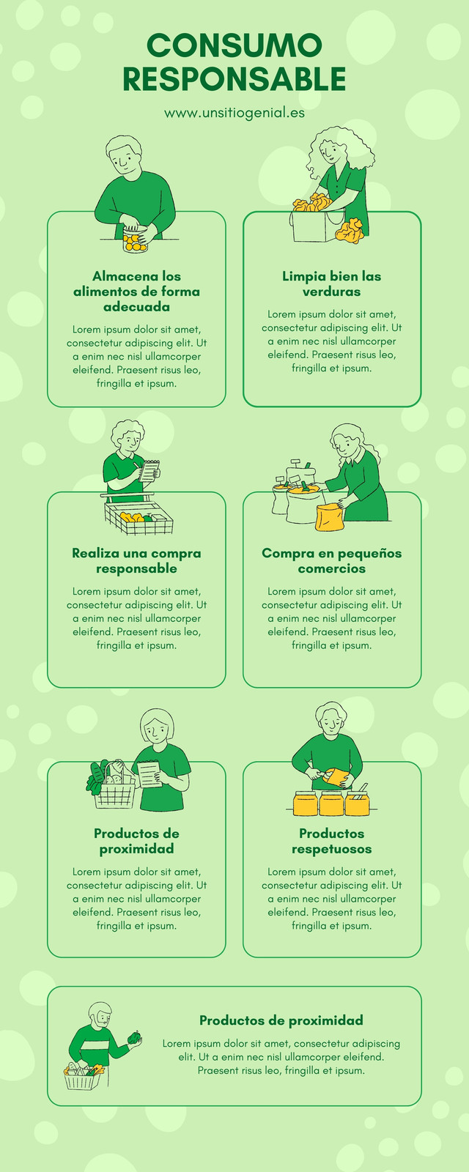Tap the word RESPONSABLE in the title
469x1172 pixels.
(234, 79)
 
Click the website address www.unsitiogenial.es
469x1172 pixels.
(234, 113)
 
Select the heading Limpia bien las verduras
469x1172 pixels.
(332, 283)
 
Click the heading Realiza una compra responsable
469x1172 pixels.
(136, 560)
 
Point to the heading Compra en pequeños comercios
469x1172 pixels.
(332, 560)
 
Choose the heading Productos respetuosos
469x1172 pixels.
(332, 841)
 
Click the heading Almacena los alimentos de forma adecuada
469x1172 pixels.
(136, 291)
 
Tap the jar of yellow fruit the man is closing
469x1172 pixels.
(135, 240)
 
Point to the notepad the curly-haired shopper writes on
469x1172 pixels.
(149, 470)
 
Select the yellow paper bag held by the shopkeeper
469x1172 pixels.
(330, 517)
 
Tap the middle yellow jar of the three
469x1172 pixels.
(330, 803)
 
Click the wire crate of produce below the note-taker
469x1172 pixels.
(139, 519)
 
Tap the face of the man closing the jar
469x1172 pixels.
(124, 160)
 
